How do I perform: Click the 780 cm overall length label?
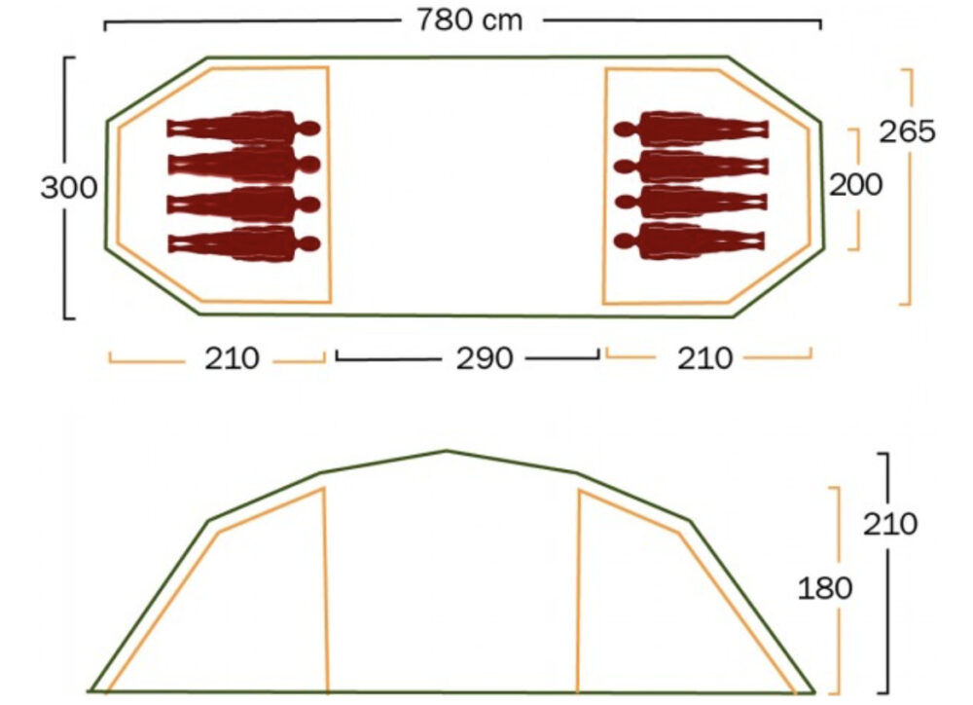pos(470,20)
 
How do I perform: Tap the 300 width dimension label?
pos(69,188)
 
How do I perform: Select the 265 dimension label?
pos(907,131)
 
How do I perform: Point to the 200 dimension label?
pos(855,185)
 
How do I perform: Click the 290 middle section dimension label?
pos(485,358)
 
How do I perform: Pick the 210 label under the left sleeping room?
pos(233,358)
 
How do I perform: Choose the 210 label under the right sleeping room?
pos(704,358)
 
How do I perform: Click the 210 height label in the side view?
pos(890,524)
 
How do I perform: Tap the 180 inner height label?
pos(825,588)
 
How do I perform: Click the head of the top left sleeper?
pos(309,129)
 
